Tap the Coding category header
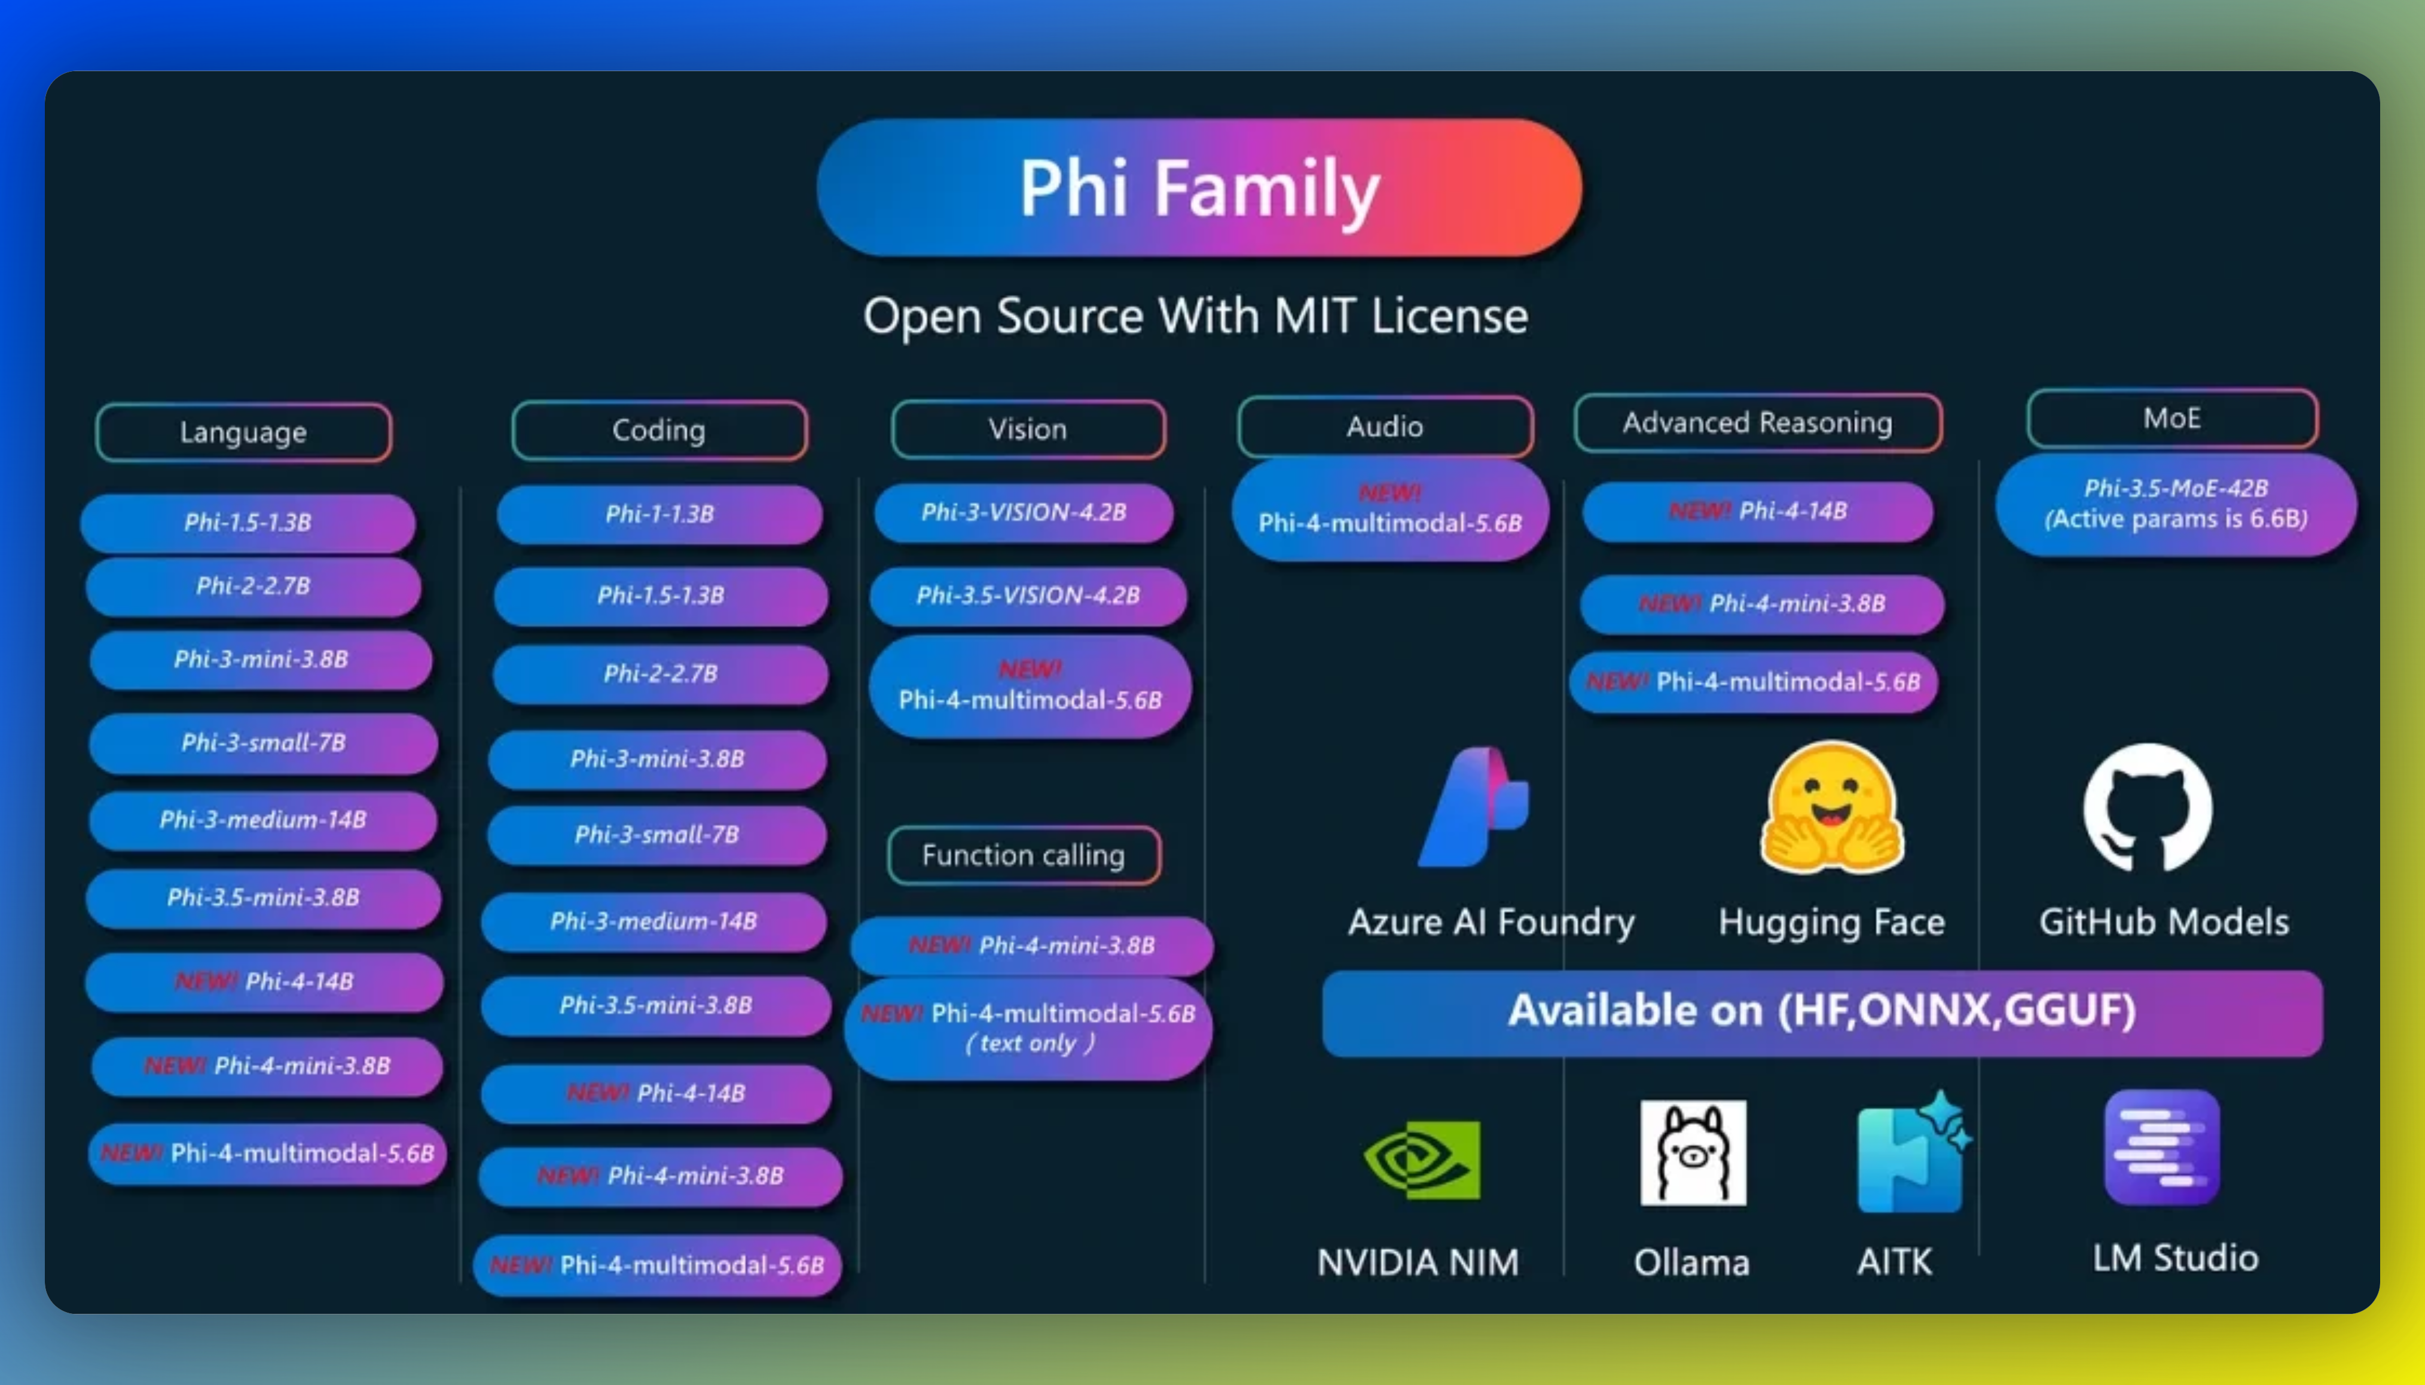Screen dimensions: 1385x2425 [659, 430]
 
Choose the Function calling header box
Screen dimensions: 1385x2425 [1023, 855]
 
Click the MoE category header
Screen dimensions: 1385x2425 [2172, 419]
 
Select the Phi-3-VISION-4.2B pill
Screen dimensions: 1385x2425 [1023, 512]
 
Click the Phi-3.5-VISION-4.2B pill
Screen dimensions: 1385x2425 [1027, 596]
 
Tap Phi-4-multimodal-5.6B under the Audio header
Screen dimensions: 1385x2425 [1389, 510]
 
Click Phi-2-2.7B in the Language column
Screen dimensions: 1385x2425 [253, 586]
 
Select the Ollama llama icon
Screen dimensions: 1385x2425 [1693, 1153]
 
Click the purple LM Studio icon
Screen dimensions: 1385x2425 [2161, 1147]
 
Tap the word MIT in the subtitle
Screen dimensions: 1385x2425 [1315, 316]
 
